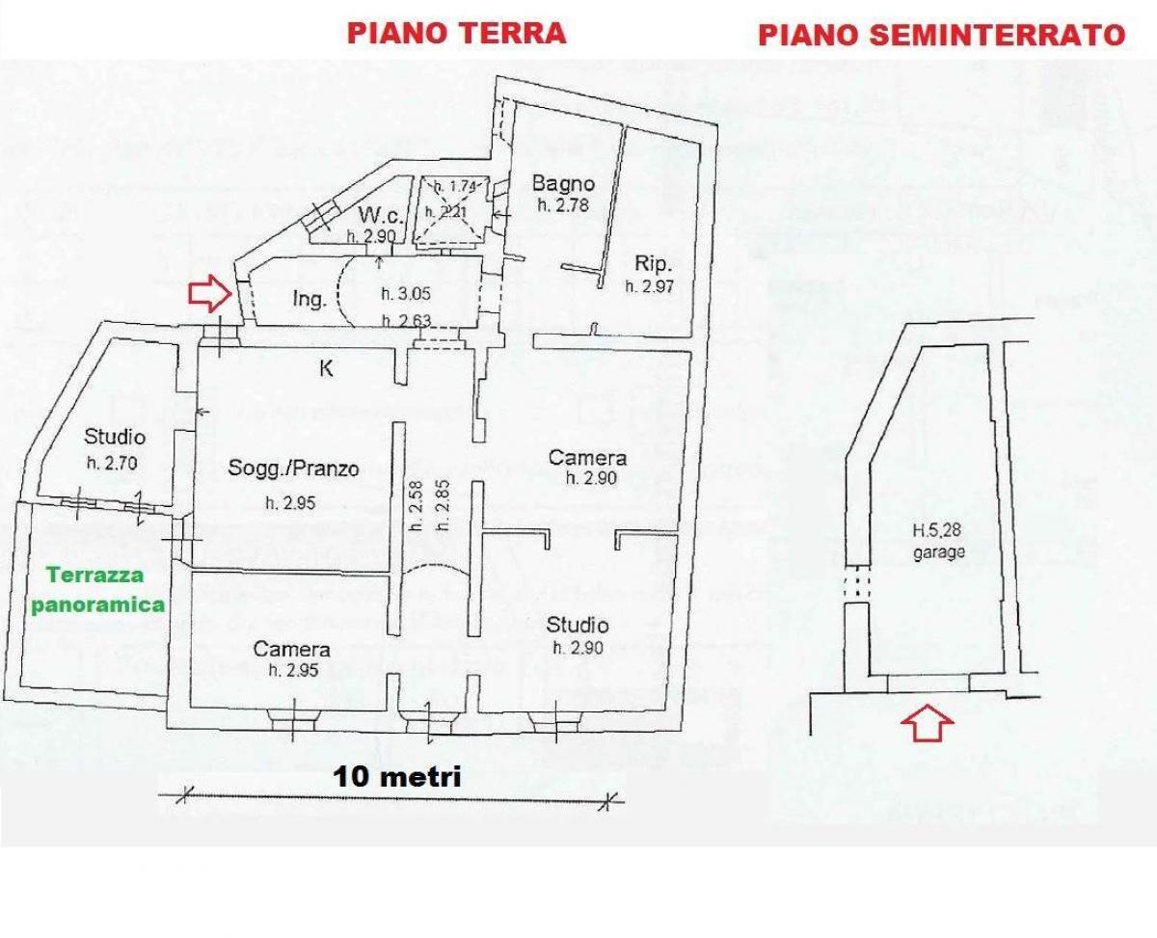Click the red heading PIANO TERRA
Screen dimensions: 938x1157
[456, 33]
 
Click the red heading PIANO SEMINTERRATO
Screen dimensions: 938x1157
[942, 36]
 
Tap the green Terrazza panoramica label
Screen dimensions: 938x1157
[96, 590]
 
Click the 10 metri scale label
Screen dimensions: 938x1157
[397, 776]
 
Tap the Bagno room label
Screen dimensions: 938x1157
[563, 183]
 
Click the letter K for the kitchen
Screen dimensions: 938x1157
[326, 367]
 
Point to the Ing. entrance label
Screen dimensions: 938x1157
[309, 300]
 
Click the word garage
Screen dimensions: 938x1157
[939, 553]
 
